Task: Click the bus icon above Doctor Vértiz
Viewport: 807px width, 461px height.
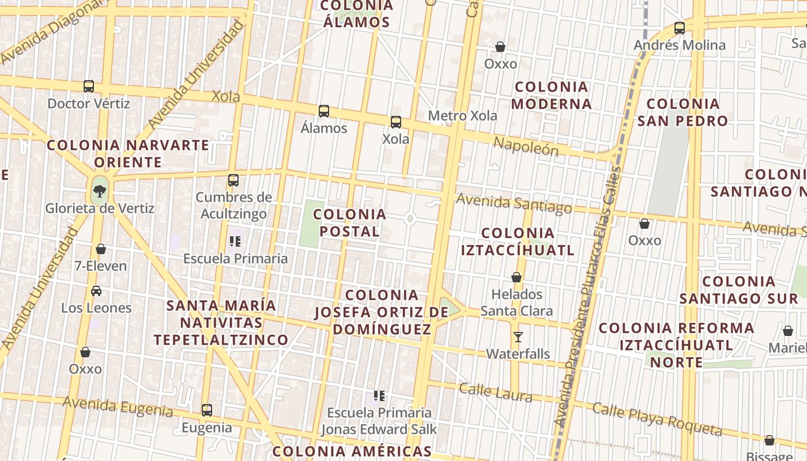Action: [x=89, y=86]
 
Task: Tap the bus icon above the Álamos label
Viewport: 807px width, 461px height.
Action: [x=324, y=111]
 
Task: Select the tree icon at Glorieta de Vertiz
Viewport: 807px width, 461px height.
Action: [x=100, y=191]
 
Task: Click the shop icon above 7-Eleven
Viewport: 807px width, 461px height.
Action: [x=101, y=249]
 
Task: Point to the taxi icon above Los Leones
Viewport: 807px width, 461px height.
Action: [x=96, y=291]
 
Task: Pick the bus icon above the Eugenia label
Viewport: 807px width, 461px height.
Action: [x=207, y=410]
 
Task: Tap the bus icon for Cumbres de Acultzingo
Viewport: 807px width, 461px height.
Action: [x=233, y=180]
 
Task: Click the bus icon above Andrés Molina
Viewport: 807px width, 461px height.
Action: [x=680, y=28]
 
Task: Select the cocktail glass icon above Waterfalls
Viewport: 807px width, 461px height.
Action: [x=518, y=337]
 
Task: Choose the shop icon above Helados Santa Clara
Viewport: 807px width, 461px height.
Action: [x=516, y=278]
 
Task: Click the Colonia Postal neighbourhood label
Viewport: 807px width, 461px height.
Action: [x=349, y=223]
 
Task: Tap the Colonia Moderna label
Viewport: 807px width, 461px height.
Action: [x=552, y=96]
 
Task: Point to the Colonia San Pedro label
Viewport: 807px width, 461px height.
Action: [x=683, y=112]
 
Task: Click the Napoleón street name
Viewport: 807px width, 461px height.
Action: [x=526, y=147]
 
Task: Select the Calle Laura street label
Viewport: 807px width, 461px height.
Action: [x=495, y=392]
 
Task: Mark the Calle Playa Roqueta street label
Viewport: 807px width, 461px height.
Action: [x=657, y=420]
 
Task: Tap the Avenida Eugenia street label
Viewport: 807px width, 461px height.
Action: [x=118, y=406]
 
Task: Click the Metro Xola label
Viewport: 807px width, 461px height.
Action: [x=462, y=116]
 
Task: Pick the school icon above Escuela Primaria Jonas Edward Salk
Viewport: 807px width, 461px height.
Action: [x=379, y=396]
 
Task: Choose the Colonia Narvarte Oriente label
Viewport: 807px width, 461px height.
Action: [x=128, y=153]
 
